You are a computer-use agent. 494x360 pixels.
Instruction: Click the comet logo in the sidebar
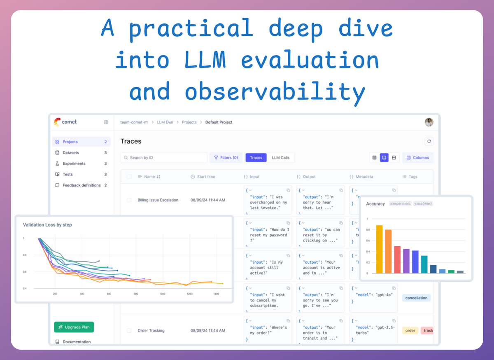pos(65,122)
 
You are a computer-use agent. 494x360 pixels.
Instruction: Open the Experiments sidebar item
pos(74,164)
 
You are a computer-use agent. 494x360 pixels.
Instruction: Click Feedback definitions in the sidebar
pos(81,185)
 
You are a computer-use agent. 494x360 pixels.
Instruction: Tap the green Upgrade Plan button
pos(74,327)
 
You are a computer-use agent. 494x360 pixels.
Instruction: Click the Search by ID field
pos(163,158)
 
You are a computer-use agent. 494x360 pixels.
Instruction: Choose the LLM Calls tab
pos(281,158)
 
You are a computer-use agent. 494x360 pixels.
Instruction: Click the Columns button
pos(417,158)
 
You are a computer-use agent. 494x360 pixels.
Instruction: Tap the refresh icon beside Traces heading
pos(429,141)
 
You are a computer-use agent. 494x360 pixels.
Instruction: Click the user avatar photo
pos(429,122)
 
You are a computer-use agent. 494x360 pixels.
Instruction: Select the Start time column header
pos(205,177)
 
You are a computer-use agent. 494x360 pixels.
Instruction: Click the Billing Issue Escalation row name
pos(158,200)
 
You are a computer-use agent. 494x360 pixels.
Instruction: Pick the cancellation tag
pos(416,298)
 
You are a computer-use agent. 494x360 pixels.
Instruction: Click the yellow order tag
pos(410,330)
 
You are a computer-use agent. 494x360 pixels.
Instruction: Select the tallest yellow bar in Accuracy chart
pos(379,249)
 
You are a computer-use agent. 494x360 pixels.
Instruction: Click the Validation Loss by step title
pos(47,225)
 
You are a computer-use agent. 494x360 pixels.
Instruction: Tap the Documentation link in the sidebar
pos(76,342)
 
